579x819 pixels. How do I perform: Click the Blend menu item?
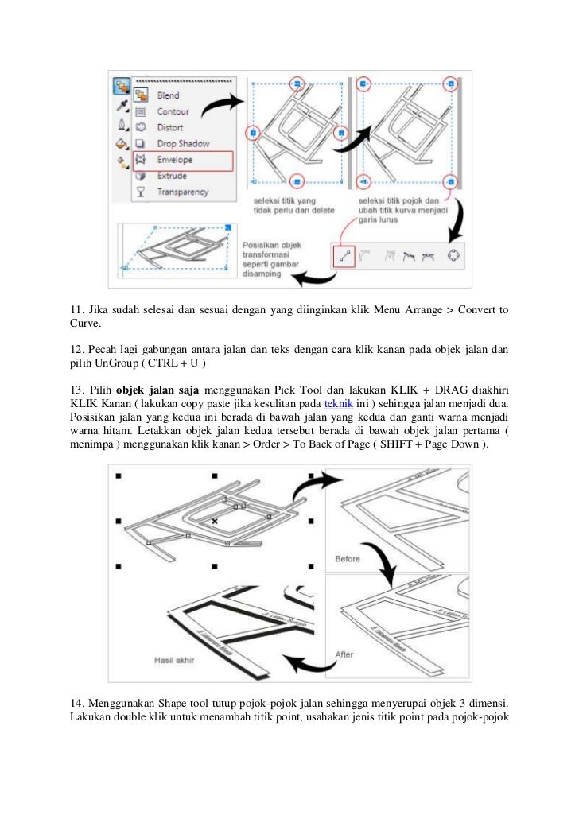(168, 95)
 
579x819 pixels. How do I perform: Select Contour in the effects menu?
(173, 111)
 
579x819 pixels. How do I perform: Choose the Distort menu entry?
(170, 127)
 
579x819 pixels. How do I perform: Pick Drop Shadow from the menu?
(183, 144)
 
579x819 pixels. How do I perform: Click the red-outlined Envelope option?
(175, 160)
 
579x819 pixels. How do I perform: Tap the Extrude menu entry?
(171, 176)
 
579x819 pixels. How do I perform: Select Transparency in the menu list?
(182, 192)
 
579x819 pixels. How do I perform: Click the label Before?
(348, 559)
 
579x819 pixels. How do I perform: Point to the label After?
(344, 654)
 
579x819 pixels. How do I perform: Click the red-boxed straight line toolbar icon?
(344, 256)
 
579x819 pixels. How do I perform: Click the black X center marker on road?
(214, 522)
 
